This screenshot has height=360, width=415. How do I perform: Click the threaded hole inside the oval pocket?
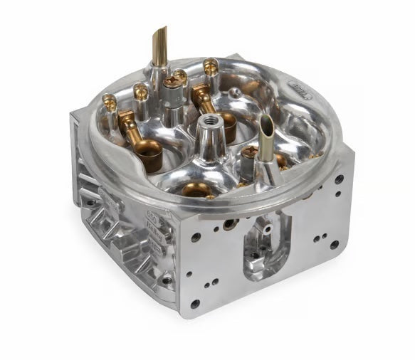[x=253, y=254]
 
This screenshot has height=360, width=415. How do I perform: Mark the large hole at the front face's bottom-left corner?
[x=195, y=304]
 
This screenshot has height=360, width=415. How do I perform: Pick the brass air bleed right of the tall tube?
[x=211, y=66]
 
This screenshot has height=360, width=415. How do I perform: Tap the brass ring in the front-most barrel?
[x=198, y=189]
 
